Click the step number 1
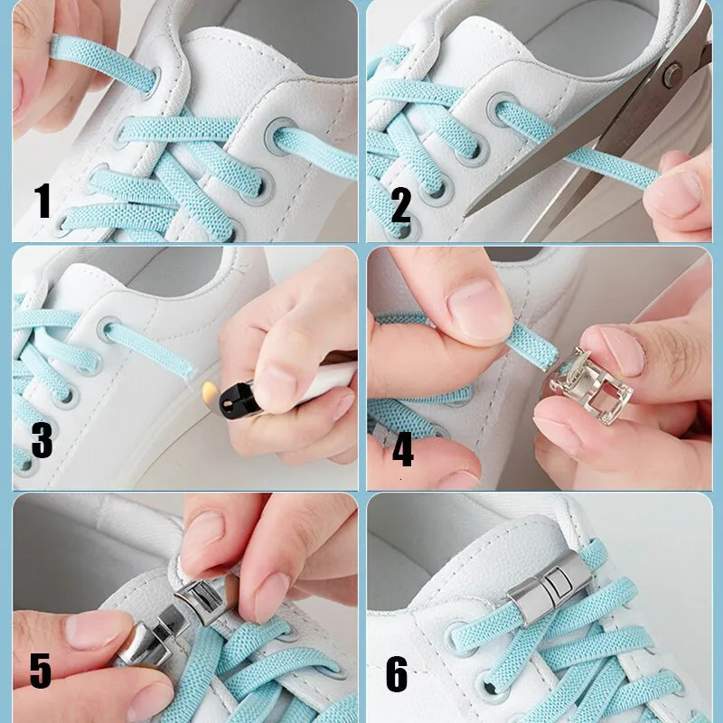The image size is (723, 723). (x=42, y=201)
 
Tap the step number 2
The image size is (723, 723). (x=400, y=205)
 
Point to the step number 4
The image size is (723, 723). (x=402, y=450)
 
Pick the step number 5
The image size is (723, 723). (x=41, y=671)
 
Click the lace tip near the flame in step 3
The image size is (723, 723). (x=186, y=368)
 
